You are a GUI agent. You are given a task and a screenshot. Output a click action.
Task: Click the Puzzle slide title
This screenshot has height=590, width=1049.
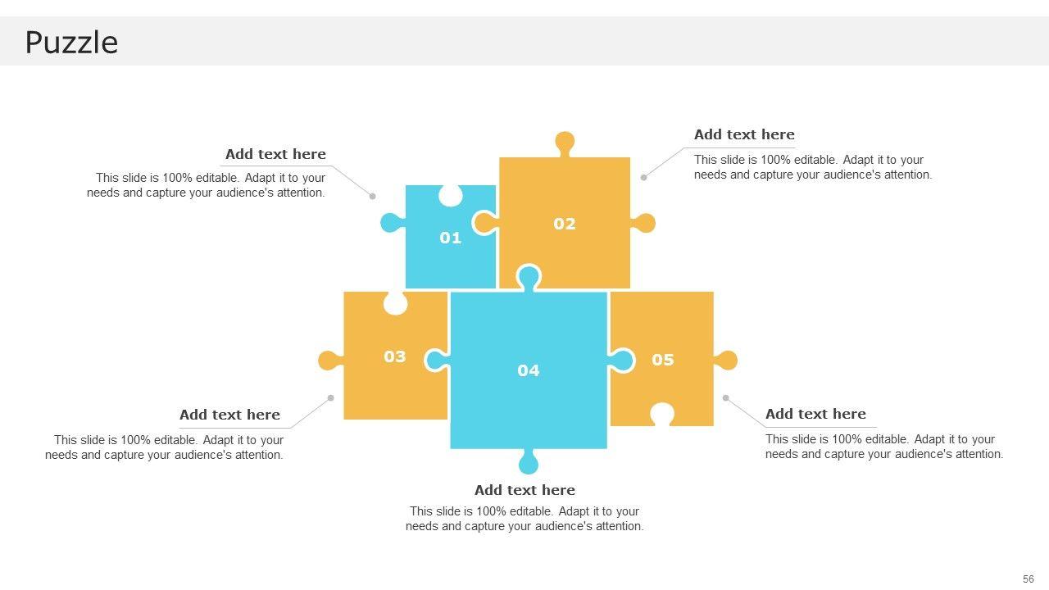click(71, 43)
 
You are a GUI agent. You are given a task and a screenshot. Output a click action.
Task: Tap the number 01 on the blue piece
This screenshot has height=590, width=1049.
click(451, 238)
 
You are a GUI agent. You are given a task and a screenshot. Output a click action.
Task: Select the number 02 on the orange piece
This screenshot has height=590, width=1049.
click(565, 224)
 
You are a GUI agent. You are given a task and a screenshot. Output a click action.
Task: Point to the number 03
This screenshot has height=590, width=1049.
click(395, 356)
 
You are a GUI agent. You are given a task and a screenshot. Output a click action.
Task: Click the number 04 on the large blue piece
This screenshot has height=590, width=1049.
click(529, 371)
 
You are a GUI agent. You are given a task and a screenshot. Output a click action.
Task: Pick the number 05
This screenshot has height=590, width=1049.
click(663, 360)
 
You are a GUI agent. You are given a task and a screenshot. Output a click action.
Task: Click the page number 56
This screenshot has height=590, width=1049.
click(1029, 579)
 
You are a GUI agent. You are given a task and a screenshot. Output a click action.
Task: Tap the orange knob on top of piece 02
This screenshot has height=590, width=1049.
click(565, 143)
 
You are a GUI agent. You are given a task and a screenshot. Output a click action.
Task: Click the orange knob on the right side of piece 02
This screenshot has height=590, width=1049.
click(643, 224)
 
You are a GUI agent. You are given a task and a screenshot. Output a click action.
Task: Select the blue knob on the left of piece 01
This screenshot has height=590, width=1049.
click(393, 223)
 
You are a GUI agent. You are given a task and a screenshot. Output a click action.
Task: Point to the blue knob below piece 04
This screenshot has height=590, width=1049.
click(529, 461)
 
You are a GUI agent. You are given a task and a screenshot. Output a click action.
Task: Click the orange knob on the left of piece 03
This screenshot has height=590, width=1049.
click(330, 361)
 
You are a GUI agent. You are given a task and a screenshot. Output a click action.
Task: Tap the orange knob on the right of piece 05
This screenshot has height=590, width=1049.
click(725, 361)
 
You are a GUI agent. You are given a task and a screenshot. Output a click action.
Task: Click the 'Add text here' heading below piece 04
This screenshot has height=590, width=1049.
click(524, 490)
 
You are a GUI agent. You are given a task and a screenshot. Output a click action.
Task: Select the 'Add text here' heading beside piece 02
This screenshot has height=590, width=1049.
click(744, 135)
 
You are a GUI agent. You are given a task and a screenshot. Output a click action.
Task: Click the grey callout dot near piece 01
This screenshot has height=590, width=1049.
click(372, 196)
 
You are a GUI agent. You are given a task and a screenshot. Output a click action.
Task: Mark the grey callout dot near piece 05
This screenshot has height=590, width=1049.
click(726, 398)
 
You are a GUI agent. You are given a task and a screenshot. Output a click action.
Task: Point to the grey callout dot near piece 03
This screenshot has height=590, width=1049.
click(330, 398)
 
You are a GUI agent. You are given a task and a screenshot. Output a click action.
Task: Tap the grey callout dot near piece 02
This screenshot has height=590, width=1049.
click(644, 178)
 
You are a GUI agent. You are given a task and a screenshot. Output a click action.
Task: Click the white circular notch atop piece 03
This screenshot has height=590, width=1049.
click(395, 303)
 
